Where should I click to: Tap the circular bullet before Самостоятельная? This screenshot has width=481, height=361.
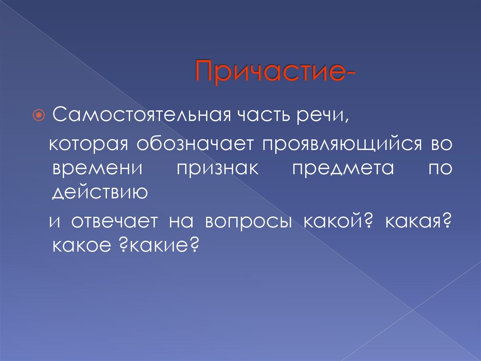(39, 115)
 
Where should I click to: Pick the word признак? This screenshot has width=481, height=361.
(218, 169)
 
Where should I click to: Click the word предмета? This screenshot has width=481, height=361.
(343, 169)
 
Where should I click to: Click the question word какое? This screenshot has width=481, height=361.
(78, 245)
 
